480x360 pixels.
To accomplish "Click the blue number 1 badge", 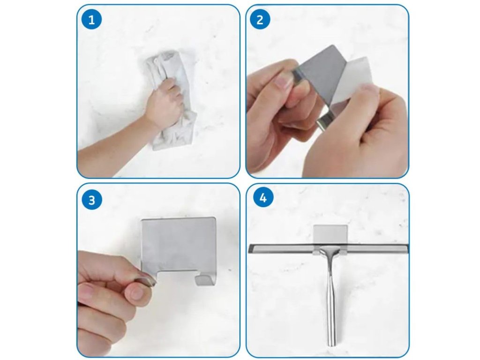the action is point(91,20).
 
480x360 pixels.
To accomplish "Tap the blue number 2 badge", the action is point(260,20).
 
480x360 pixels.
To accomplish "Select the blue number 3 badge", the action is point(91,200).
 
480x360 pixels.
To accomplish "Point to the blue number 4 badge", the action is point(263,198).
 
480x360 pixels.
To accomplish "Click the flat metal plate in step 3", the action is point(179,245).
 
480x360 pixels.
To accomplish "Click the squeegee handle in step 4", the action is point(330,294).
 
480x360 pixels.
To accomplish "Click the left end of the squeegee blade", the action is point(250,248).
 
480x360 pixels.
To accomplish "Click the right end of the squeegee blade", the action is point(407,248).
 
